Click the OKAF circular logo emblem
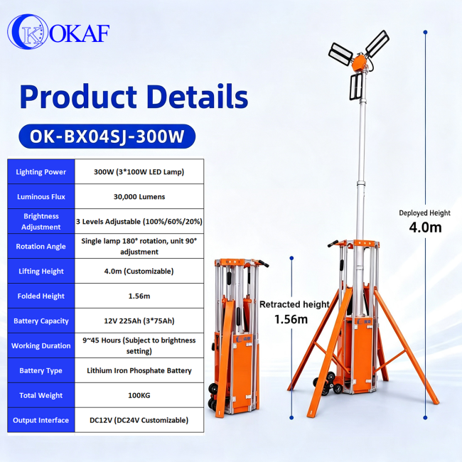pyautogui.click(x=28, y=31)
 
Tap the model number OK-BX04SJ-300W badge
pyautogui.click(x=107, y=136)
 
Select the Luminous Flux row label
pyautogui.click(x=41, y=196)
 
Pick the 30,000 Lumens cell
pyautogui.click(x=139, y=196)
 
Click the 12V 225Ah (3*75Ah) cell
pyautogui.click(x=139, y=321)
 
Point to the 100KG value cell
pyautogui.click(x=139, y=395)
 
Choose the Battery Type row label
pyautogui.click(x=41, y=370)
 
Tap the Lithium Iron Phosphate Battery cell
pyautogui.click(x=139, y=370)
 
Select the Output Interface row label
pyautogui.click(x=41, y=420)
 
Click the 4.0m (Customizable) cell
pyautogui.click(x=139, y=271)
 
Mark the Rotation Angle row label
pyautogui.click(x=41, y=247)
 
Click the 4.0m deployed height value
pyautogui.click(x=425, y=227)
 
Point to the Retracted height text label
pyautogui.click(x=294, y=304)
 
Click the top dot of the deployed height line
pyautogui.click(x=425, y=32)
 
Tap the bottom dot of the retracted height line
pyautogui.click(x=291, y=417)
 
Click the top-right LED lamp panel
pyautogui.click(x=377, y=43)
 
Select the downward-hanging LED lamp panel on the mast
pyautogui.click(x=356, y=87)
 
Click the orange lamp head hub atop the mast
pyautogui.click(x=359, y=63)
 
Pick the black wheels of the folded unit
pyautogui.click(x=213, y=396)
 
